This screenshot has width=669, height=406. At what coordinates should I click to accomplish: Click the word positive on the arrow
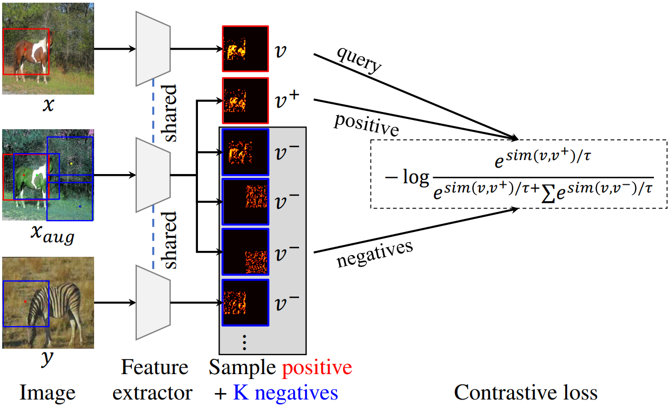coord(366,124)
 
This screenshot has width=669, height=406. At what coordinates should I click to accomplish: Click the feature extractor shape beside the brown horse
coord(154,49)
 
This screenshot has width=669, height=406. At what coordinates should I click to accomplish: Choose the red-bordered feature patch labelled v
coord(245,49)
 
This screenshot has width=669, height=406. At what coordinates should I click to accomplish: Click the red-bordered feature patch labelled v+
coord(245,101)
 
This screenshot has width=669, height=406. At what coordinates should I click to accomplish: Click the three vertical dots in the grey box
coord(244,342)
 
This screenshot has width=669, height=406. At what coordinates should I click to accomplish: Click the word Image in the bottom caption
coord(47,392)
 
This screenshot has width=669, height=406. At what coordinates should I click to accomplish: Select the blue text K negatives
coord(285,392)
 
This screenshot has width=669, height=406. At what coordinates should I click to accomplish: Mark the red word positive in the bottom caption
coord(317,368)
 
